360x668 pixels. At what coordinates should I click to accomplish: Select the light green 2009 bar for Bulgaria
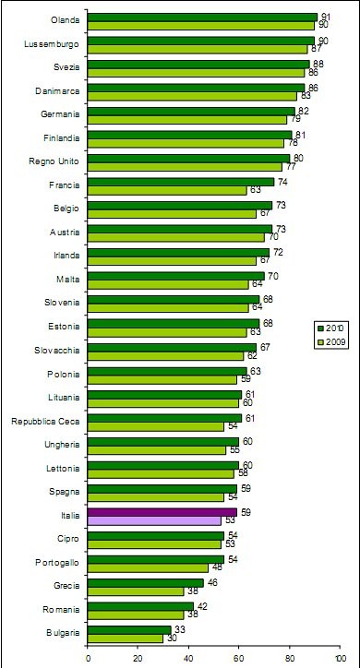(125, 638)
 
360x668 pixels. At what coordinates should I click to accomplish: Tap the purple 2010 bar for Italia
(162, 511)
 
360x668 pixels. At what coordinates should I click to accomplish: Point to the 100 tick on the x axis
(340, 659)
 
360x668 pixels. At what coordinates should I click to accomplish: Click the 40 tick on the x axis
(188, 659)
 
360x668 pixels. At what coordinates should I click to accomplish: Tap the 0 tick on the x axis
(88, 659)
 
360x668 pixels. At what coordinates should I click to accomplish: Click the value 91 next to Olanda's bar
(323, 16)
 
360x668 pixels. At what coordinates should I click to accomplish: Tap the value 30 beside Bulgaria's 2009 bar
(171, 638)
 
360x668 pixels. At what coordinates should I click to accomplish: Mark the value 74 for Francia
(281, 182)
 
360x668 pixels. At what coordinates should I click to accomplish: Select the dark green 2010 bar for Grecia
(145, 582)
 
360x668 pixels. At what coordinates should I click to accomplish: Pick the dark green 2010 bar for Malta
(175, 276)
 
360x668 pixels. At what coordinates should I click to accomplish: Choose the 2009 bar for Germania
(186, 119)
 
